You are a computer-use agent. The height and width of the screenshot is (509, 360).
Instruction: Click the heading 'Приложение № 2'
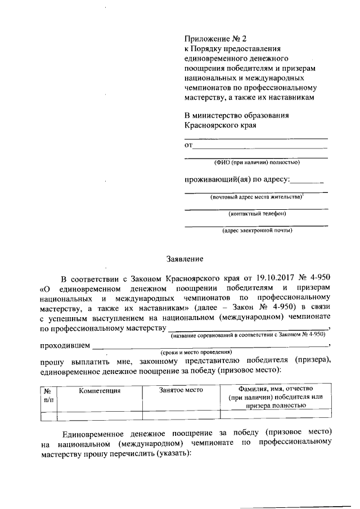click(215, 39)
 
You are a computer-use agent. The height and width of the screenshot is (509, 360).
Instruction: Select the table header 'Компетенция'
click(100, 390)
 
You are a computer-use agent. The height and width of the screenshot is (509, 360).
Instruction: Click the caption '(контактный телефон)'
click(256, 214)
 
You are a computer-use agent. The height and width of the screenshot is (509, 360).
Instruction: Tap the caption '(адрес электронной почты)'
click(256, 230)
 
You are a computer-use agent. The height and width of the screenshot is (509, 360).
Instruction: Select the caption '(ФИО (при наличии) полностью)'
click(256, 163)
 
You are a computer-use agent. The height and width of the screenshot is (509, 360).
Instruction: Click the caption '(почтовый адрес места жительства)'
click(256, 197)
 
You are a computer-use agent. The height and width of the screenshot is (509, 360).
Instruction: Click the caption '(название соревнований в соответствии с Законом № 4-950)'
click(248, 334)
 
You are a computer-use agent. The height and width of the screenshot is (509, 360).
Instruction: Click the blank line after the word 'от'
click(260, 146)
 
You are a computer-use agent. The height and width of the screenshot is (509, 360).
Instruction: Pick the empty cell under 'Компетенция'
click(100, 416)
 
